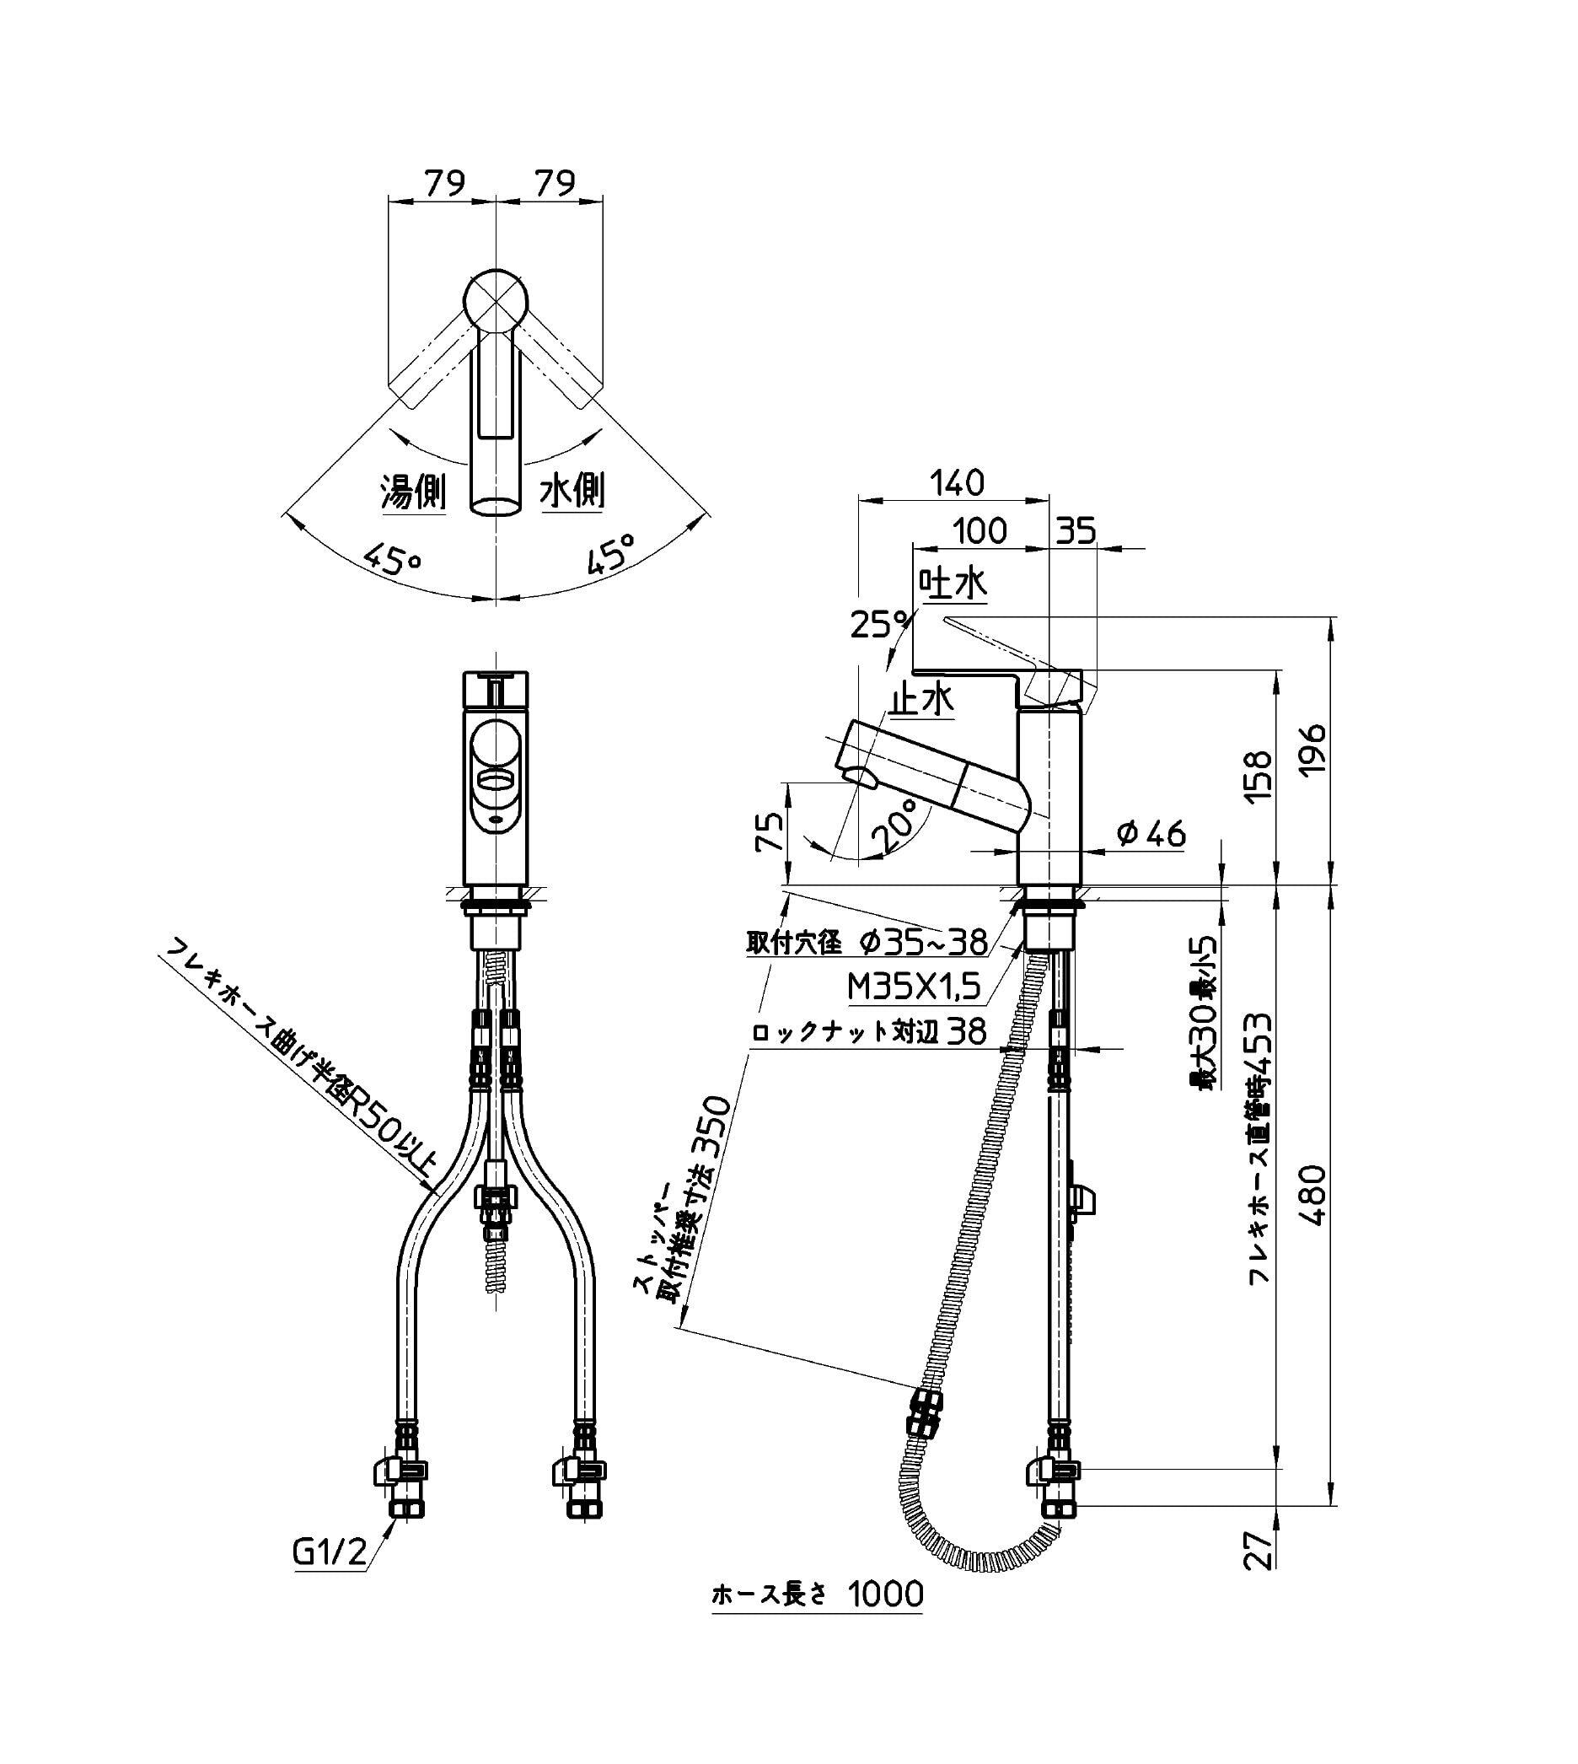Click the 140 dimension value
(958, 483)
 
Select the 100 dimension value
(980, 530)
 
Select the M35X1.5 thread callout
(914, 986)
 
